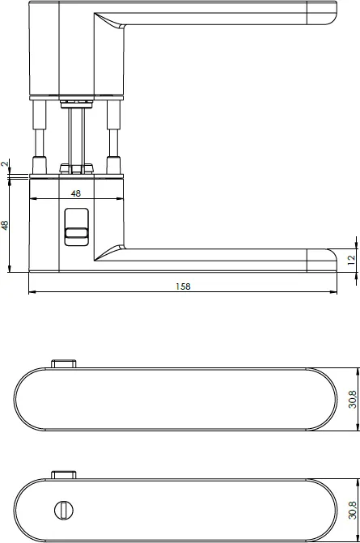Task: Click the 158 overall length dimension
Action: (x=183, y=286)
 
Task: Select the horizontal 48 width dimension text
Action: (x=76, y=193)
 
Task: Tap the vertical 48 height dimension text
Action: (x=6, y=224)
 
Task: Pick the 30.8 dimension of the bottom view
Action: (x=353, y=509)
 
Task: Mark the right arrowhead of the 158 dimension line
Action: (x=334, y=292)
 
